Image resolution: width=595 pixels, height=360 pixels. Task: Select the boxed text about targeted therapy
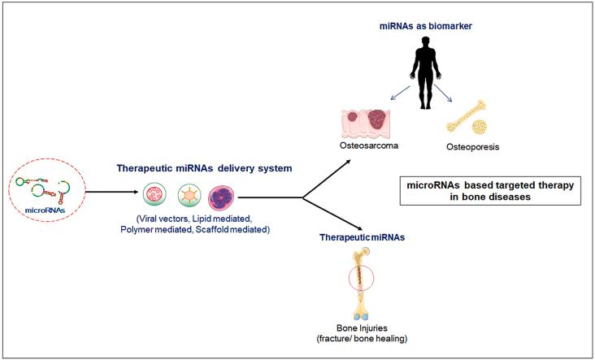(x=490, y=190)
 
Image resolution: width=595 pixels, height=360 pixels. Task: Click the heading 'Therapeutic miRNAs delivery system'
(x=205, y=168)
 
